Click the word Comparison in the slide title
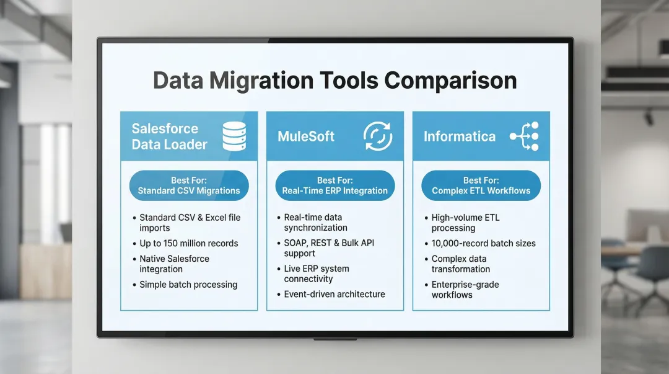pyautogui.click(x=450, y=81)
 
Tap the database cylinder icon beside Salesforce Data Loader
pyautogui.click(x=234, y=136)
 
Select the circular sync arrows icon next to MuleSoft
pyautogui.click(x=378, y=136)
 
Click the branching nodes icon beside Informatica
pyautogui.click(x=524, y=136)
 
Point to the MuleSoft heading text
pyautogui.click(x=306, y=136)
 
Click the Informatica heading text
pyautogui.click(x=459, y=136)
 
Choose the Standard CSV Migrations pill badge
pyautogui.click(x=189, y=185)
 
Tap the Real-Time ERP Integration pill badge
pyautogui.click(x=334, y=185)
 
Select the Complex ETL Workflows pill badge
pyautogui.click(x=481, y=185)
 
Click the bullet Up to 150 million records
pyautogui.click(x=188, y=243)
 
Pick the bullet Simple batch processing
pyautogui.click(x=188, y=285)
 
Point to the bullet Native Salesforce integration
pyautogui.click(x=174, y=264)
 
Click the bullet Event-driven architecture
pyautogui.click(x=334, y=294)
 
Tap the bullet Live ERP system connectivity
pyautogui.click(x=317, y=274)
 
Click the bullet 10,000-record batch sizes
pyautogui.click(x=483, y=243)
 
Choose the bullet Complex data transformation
pyautogui.click(x=460, y=264)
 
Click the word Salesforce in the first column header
pyautogui.click(x=165, y=128)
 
